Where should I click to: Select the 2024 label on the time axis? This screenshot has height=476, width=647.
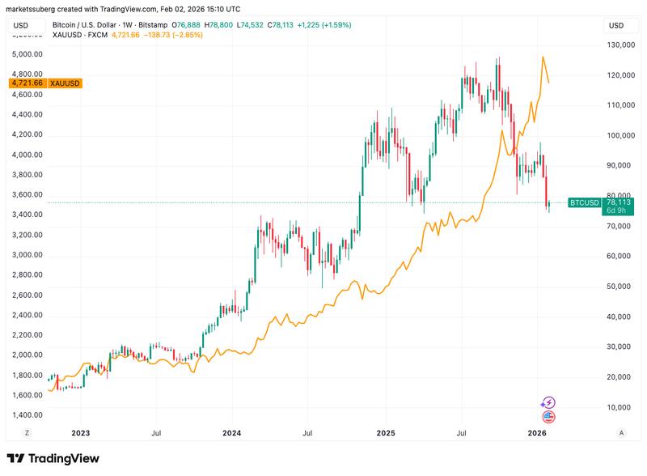pos(233,433)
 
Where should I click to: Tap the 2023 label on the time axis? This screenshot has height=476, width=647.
pos(80,433)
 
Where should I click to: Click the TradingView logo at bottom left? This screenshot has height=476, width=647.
pos(53,458)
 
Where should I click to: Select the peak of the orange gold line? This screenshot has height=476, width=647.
pos(543,57)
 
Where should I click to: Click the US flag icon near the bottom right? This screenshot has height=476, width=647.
pos(548,417)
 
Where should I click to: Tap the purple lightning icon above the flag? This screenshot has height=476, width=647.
pos(548,402)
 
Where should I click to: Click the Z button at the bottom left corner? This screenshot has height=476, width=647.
pos(27,433)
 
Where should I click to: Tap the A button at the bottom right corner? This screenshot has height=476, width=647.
pos(620,433)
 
